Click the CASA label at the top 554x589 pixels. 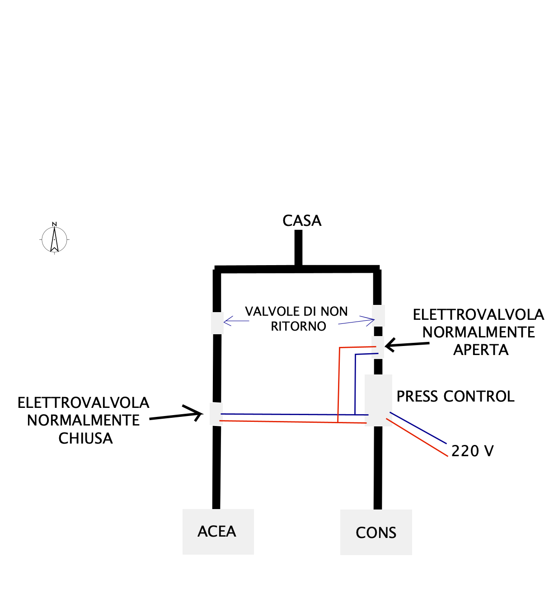click(302, 220)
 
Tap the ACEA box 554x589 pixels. click(218, 532)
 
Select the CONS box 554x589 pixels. click(376, 533)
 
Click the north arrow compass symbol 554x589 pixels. click(54, 238)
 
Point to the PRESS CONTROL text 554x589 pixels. click(455, 396)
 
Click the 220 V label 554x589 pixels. click(472, 451)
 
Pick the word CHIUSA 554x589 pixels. click(85, 438)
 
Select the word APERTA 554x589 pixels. click(481, 350)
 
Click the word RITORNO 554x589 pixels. click(298, 326)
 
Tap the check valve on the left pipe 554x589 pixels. click(217, 323)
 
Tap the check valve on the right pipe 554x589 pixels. click(378, 315)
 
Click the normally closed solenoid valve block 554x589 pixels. click(216, 414)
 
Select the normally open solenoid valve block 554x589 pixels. click(378, 347)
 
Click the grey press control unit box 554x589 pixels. click(378, 400)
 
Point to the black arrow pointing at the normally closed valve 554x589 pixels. click(176, 415)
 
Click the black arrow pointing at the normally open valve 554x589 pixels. click(407, 345)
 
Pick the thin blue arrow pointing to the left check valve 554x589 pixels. click(236, 321)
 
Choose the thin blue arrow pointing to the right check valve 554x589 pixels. click(357, 322)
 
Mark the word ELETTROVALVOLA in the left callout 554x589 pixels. click(84, 402)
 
